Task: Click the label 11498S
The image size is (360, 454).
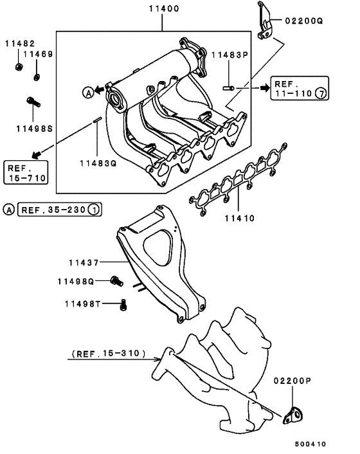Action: point(34,128)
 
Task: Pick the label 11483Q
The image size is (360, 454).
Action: point(98,163)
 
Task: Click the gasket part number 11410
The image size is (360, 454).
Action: point(240,218)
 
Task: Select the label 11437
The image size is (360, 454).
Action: point(84,262)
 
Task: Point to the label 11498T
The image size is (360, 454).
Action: point(82,303)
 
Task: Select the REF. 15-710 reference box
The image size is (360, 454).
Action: point(24,172)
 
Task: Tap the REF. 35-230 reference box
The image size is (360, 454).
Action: point(60,210)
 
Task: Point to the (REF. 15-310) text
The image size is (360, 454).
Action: point(107,354)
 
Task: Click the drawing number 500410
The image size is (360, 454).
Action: point(311,443)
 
